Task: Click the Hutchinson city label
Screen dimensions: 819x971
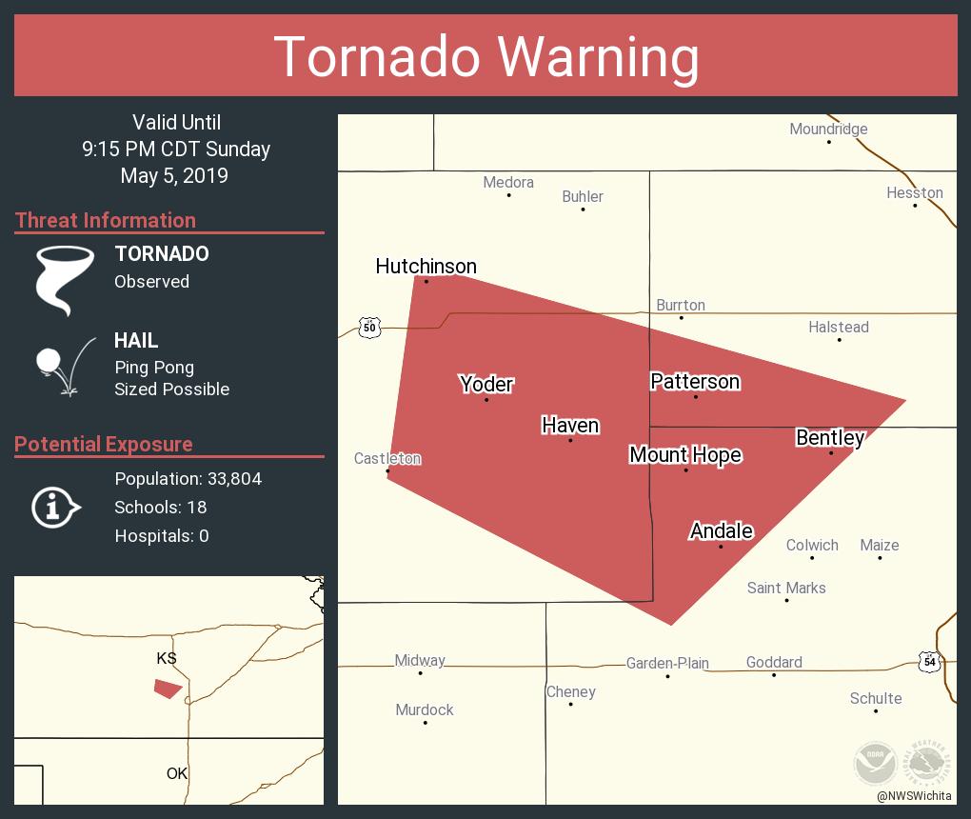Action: point(426,267)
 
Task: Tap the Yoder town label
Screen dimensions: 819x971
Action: point(486,385)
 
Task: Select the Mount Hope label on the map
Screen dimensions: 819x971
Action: point(685,455)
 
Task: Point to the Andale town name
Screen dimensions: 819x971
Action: point(721,531)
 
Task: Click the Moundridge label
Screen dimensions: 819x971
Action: point(828,130)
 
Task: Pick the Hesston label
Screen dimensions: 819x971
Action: point(914,193)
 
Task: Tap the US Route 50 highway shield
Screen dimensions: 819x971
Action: point(369,328)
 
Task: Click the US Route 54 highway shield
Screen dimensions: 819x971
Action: point(929,661)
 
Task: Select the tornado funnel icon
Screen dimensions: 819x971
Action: point(64,280)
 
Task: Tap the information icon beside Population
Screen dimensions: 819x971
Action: point(54,508)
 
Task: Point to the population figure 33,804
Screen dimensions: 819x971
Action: point(234,479)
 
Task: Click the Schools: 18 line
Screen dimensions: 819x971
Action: point(160,508)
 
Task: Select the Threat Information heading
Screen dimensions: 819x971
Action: point(106,221)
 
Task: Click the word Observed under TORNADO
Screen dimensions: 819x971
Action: point(151,282)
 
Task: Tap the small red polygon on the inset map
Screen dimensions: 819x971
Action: point(168,689)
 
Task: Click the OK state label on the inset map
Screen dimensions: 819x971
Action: point(177,773)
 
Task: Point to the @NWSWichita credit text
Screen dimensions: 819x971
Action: point(913,796)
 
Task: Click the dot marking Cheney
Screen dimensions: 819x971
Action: point(570,705)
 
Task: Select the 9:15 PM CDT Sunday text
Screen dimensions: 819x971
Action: point(176,150)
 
